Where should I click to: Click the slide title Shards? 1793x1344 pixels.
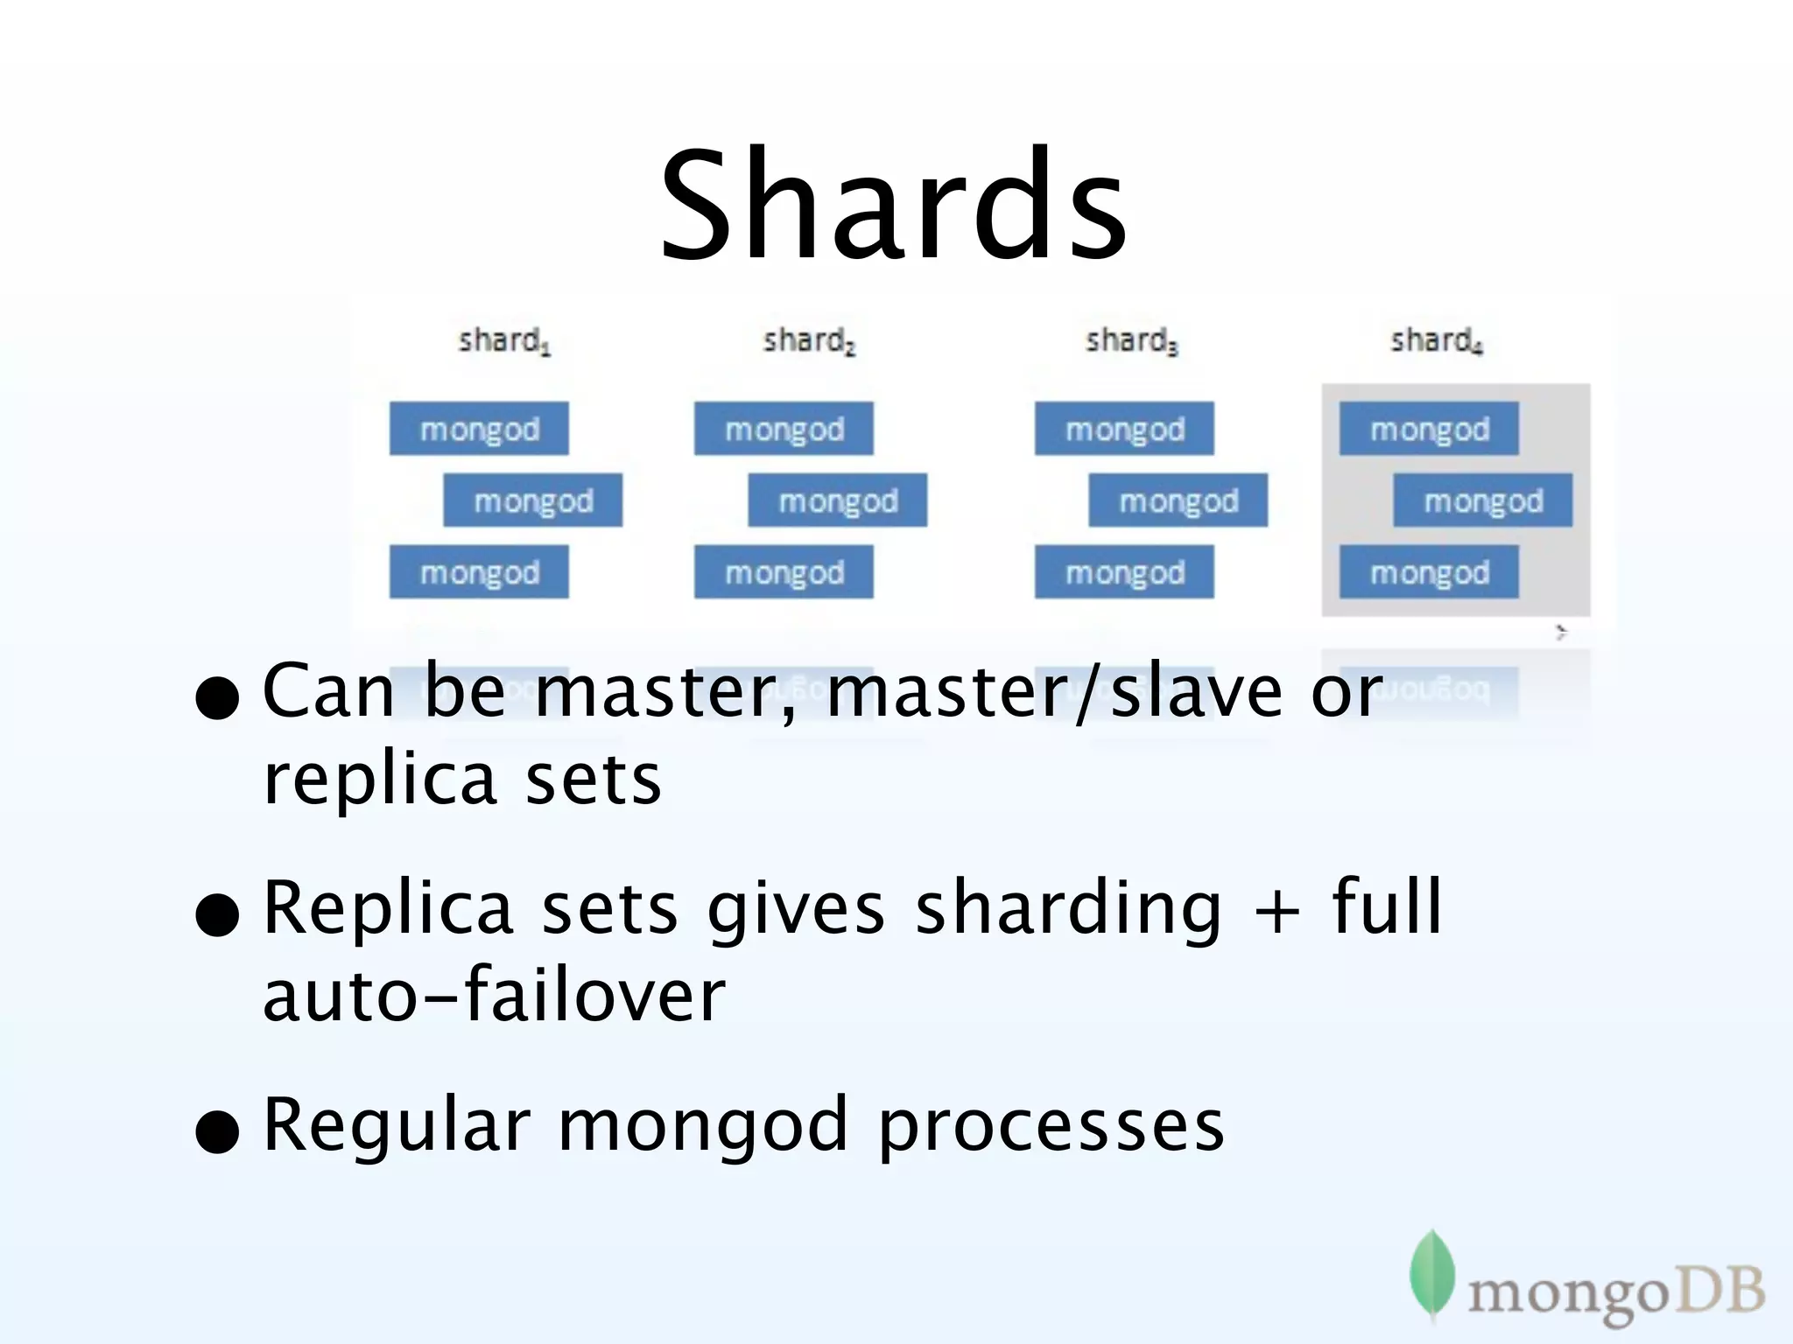coord(893,206)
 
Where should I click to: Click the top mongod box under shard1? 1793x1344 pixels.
coord(479,429)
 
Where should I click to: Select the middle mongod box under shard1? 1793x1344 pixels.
coord(532,500)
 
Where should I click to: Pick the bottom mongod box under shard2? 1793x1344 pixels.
coord(784,572)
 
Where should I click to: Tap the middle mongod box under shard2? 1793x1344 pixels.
coord(837,500)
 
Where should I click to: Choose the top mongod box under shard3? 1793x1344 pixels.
coord(1124,429)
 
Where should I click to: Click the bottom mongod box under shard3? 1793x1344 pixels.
coord(1124,572)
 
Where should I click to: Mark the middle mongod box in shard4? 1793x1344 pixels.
coord(1482,500)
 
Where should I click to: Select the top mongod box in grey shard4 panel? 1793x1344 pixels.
coord(1429,429)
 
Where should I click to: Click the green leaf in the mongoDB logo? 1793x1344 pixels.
coord(1431,1273)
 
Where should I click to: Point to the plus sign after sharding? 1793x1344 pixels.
coord(1276,910)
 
